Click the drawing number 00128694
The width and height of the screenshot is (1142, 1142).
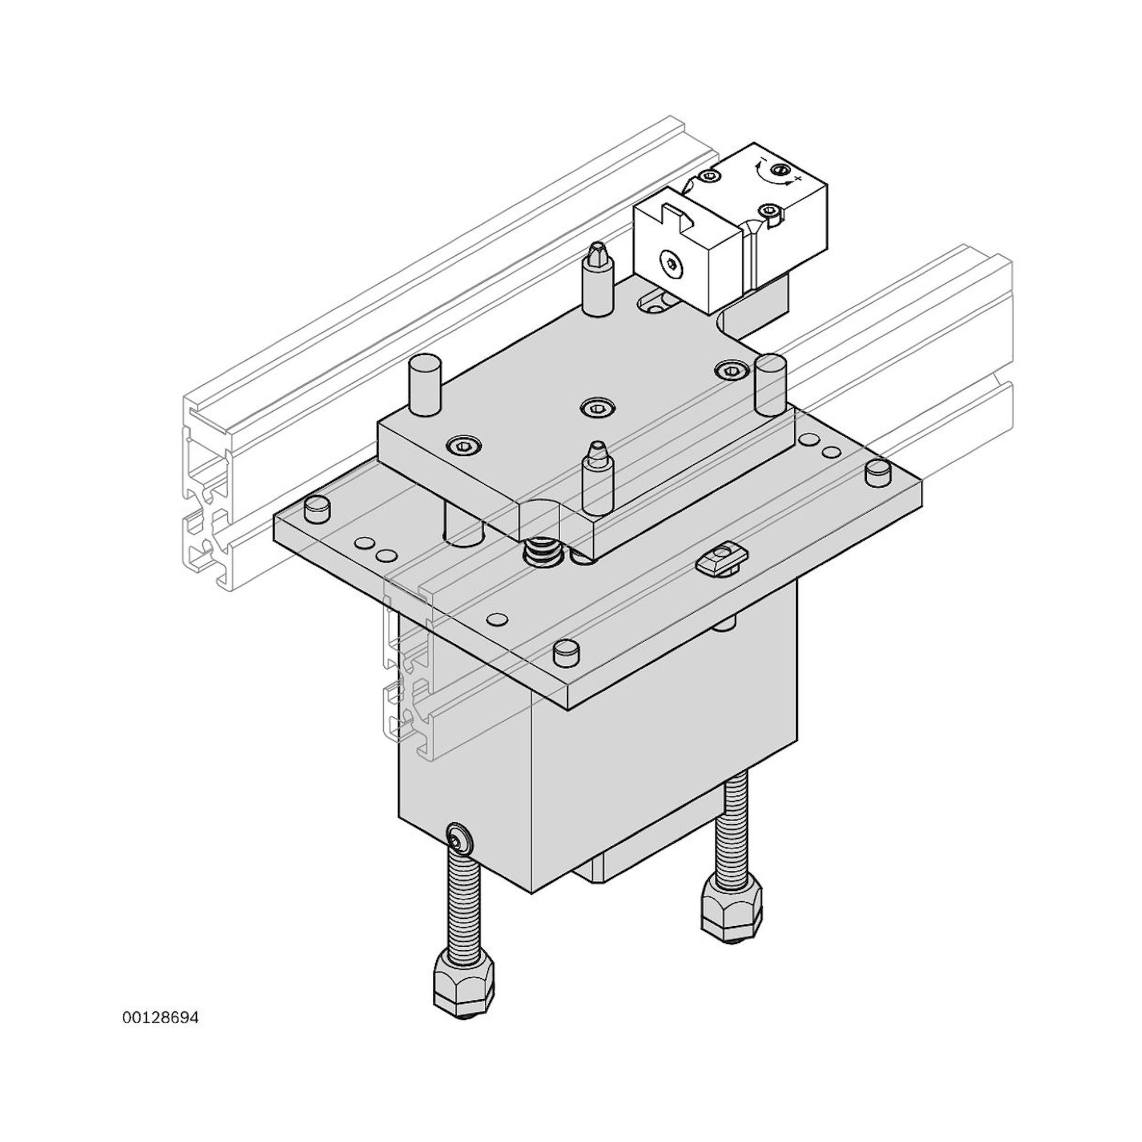click(x=161, y=1018)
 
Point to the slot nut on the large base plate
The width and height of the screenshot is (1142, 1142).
click(x=722, y=556)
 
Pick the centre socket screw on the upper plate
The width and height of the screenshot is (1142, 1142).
click(x=597, y=406)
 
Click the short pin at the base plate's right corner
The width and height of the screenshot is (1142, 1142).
click(x=878, y=474)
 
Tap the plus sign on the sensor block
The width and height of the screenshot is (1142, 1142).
click(x=798, y=178)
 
